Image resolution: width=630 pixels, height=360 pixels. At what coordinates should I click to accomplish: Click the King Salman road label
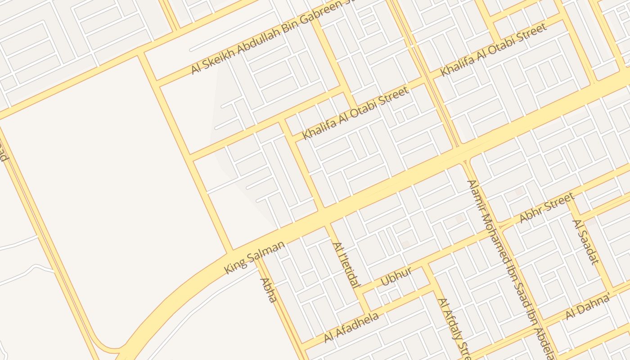click(255, 257)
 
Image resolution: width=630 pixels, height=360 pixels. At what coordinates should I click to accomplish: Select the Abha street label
click(268, 290)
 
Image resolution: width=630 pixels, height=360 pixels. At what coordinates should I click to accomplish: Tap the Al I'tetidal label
click(346, 265)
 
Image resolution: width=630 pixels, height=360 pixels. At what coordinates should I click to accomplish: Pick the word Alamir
click(477, 198)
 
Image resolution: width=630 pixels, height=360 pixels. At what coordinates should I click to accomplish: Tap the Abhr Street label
click(547, 207)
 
